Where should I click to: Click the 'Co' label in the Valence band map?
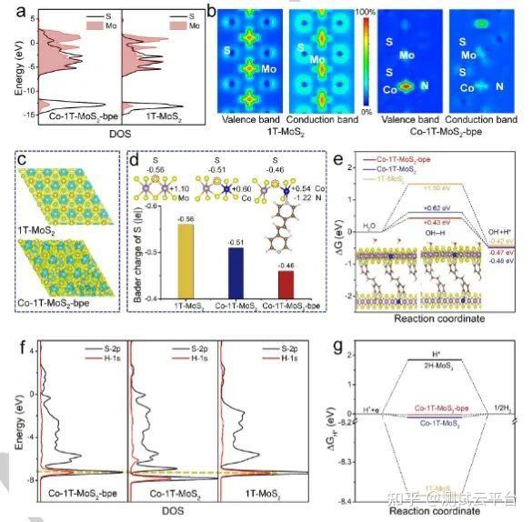[x=388, y=88]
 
